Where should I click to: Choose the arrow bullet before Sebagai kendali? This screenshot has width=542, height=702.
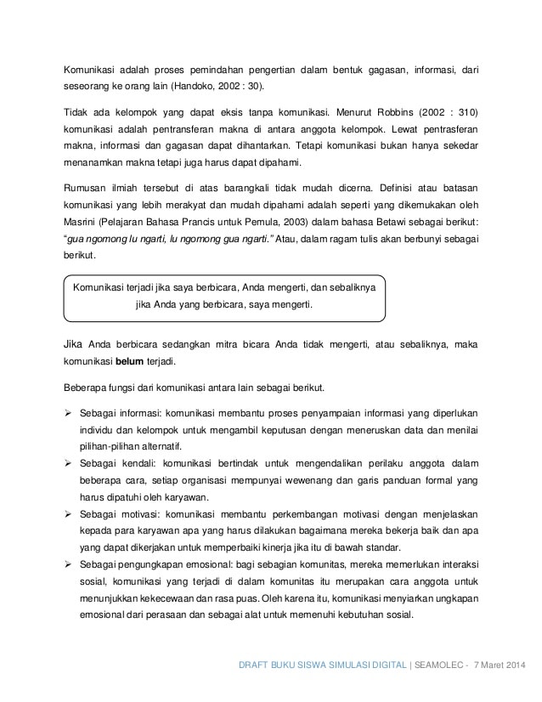pyautogui.click(x=70, y=464)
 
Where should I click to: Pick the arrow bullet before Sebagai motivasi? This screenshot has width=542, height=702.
pyautogui.click(x=70, y=515)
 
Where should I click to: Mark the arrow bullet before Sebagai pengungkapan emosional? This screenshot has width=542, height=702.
pyautogui.click(x=70, y=565)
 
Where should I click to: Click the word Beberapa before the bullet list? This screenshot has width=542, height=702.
pyautogui.click(x=90, y=388)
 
